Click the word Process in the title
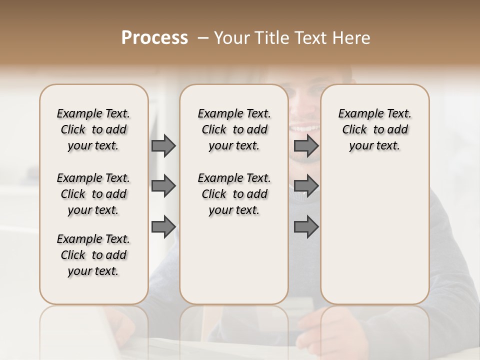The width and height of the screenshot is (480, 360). (154, 37)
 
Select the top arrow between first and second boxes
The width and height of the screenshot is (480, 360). (163, 145)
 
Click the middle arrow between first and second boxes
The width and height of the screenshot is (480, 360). (163, 186)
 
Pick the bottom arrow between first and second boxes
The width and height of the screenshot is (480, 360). (163, 227)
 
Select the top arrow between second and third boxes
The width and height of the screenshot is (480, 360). (306, 145)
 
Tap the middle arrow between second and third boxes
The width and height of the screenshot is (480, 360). (306, 186)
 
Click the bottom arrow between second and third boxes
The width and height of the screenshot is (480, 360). (306, 227)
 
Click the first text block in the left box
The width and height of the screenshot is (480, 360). (93, 129)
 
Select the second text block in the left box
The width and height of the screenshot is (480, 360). (93, 194)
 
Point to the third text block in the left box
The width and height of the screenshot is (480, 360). (93, 255)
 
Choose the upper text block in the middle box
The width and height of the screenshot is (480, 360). (234, 129)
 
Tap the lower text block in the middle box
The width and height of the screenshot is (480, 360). (234, 194)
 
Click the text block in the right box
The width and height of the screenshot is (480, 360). (374, 129)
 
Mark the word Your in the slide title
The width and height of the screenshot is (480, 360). (230, 37)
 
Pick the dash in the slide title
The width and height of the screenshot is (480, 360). (202, 37)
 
